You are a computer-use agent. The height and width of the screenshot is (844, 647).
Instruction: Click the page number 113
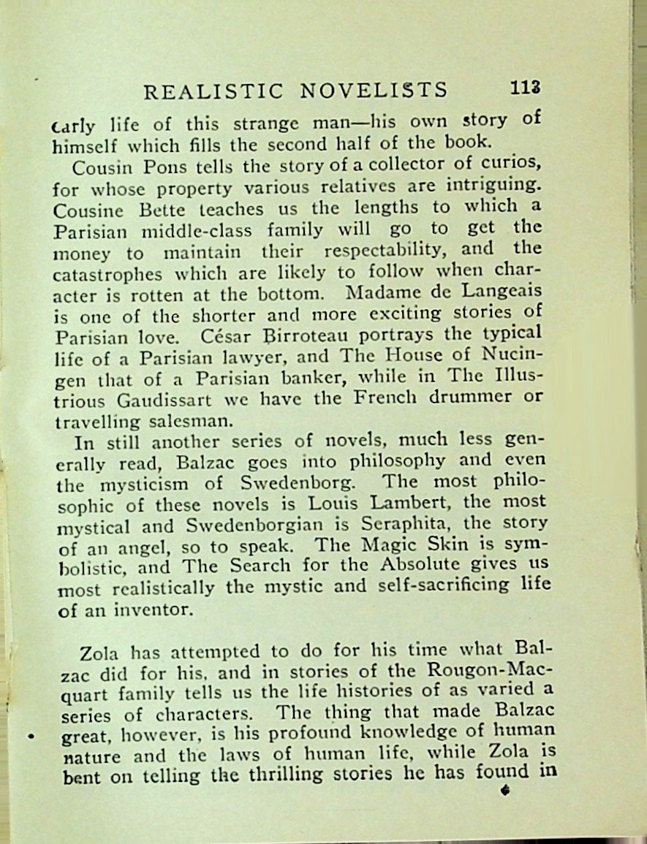[526, 88]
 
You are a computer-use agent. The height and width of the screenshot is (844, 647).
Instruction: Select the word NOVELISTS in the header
[374, 89]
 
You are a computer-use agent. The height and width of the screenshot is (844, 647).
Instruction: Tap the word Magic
[408, 544]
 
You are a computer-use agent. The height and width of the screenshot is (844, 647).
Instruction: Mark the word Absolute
[441, 565]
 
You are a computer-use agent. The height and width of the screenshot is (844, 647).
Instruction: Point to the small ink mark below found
[504, 790]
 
